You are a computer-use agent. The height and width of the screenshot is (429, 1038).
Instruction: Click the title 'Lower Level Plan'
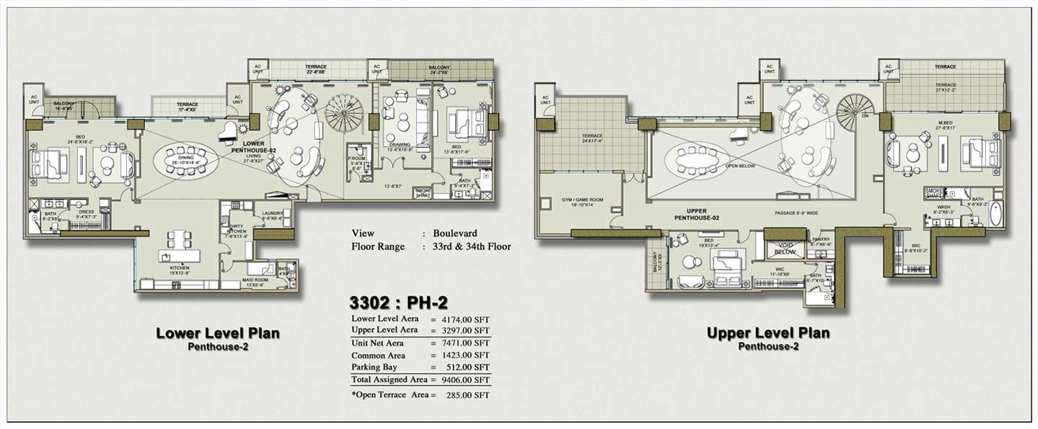click(x=218, y=334)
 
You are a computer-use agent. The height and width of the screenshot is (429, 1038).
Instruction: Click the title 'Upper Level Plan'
click(x=767, y=333)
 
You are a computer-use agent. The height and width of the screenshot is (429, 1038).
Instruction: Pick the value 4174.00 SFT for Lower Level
click(x=467, y=319)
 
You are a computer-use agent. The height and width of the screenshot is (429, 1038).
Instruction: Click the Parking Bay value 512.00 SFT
click(x=470, y=367)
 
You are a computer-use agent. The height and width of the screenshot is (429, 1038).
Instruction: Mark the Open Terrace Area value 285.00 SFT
click(x=470, y=395)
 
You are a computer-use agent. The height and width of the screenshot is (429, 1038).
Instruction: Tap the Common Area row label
click(x=378, y=355)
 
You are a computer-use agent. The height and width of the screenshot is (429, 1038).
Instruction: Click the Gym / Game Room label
click(x=581, y=202)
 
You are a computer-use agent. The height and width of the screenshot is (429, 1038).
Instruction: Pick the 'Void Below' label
click(x=784, y=249)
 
